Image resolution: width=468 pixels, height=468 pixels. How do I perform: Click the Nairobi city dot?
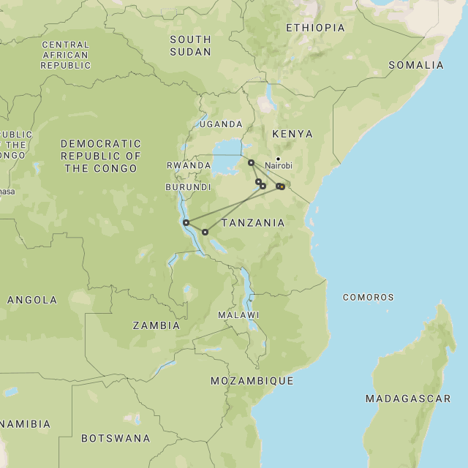(278, 158)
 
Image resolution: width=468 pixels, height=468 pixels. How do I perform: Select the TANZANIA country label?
(253, 223)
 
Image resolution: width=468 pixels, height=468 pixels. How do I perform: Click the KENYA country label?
(292, 134)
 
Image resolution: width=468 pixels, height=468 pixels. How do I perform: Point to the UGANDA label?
(220, 124)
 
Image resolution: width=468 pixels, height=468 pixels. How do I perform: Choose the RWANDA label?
(189, 166)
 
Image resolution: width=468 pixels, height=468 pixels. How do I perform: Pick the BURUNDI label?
(188, 187)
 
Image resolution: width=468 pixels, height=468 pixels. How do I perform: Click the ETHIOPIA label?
(315, 28)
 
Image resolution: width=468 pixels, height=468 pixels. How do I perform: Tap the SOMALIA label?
(415, 65)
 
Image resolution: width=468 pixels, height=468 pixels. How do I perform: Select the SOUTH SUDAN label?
(190, 45)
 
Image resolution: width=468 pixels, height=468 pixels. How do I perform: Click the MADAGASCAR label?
(408, 399)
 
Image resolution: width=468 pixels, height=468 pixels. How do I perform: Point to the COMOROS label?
(368, 298)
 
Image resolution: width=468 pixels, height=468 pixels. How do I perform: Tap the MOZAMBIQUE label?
(252, 381)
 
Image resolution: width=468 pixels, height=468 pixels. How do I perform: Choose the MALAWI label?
(238, 315)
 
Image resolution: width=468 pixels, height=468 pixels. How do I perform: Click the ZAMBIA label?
(156, 325)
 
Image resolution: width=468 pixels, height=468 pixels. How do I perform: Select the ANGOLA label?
(31, 300)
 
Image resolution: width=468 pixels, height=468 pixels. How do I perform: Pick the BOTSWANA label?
(116, 439)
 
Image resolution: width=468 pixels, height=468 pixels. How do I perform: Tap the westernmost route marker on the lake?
(186, 222)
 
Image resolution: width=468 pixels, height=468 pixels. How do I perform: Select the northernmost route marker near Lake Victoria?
(251, 163)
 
